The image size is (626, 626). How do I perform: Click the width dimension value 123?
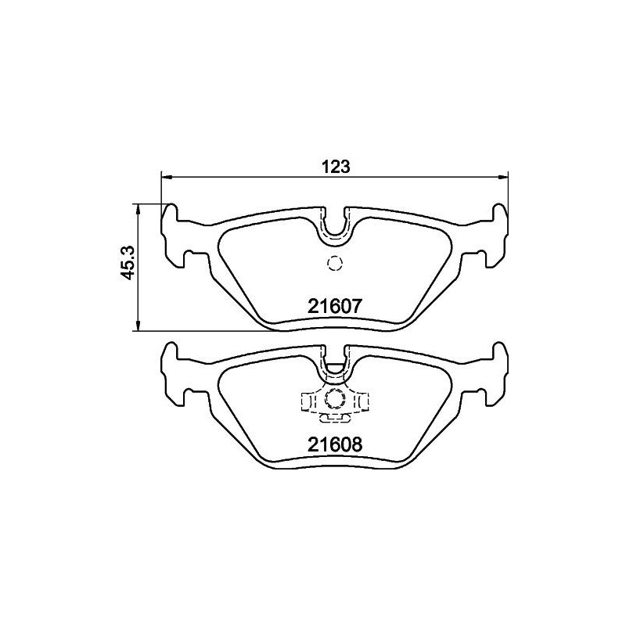coord(334,166)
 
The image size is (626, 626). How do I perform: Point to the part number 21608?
coord(334,445)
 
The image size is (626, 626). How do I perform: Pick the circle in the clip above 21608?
coord(335,399)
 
